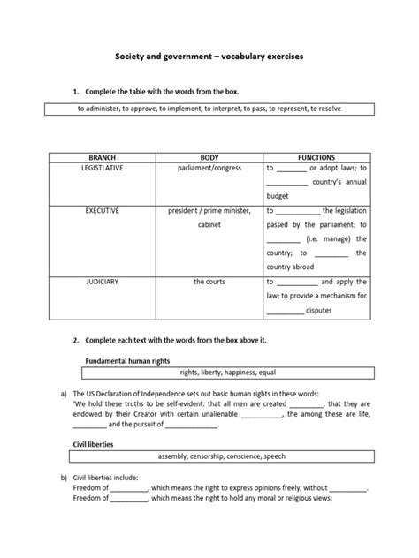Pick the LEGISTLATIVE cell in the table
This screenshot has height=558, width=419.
pyautogui.click(x=103, y=167)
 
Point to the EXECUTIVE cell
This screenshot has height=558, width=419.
pyautogui.click(x=103, y=212)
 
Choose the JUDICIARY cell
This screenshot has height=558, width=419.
pyautogui.click(x=103, y=282)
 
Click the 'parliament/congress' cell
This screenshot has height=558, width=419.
pyautogui.click(x=209, y=167)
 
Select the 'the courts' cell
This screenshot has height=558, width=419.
pyautogui.click(x=209, y=282)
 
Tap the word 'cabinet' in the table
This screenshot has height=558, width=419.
pyautogui.click(x=209, y=225)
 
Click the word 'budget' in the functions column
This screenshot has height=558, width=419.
pyautogui.click(x=278, y=195)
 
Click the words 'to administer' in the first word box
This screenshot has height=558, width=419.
pyautogui.click(x=103, y=108)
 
